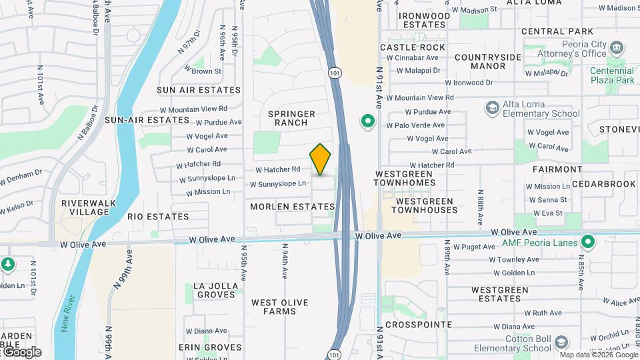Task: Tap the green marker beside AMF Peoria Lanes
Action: [587, 241]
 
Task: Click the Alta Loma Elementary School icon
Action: [492, 108]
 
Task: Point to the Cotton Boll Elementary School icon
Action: [561, 343]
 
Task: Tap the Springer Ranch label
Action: [292, 118]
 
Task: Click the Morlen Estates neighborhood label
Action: [292, 207]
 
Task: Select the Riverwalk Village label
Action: [85, 207]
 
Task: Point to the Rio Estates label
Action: [159, 217]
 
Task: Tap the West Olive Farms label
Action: [280, 307]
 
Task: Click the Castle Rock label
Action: [412, 47]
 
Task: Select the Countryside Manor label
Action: [488, 61]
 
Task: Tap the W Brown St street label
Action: [207, 71]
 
